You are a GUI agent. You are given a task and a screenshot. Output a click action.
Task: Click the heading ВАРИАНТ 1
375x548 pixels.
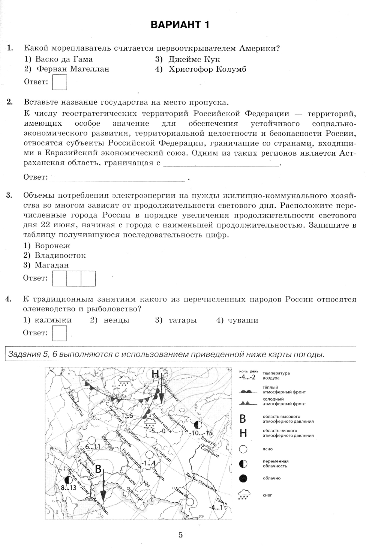click(x=180, y=25)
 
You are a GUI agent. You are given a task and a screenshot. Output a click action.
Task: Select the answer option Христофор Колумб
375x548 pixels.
click(x=207, y=69)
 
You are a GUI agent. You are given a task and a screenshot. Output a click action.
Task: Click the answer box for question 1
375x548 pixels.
click(x=60, y=83)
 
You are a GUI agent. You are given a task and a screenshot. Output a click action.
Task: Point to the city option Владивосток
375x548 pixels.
click(x=60, y=255)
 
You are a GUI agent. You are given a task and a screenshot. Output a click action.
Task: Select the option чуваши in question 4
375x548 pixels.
click(x=242, y=320)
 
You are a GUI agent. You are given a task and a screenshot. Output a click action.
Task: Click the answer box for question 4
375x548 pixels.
click(x=60, y=333)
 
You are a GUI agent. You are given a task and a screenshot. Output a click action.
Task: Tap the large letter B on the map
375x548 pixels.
click(x=98, y=469)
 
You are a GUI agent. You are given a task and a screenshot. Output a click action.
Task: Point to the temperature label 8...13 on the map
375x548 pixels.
click(x=69, y=488)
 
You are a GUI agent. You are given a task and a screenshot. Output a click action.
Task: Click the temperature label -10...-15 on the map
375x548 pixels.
click(x=201, y=433)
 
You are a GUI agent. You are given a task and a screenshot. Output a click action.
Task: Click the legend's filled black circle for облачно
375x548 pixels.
click(x=243, y=478)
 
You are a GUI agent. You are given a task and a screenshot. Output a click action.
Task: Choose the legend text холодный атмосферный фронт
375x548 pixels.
click(x=284, y=401)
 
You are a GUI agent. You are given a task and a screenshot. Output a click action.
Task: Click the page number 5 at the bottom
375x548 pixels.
click(x=180, y=535)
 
